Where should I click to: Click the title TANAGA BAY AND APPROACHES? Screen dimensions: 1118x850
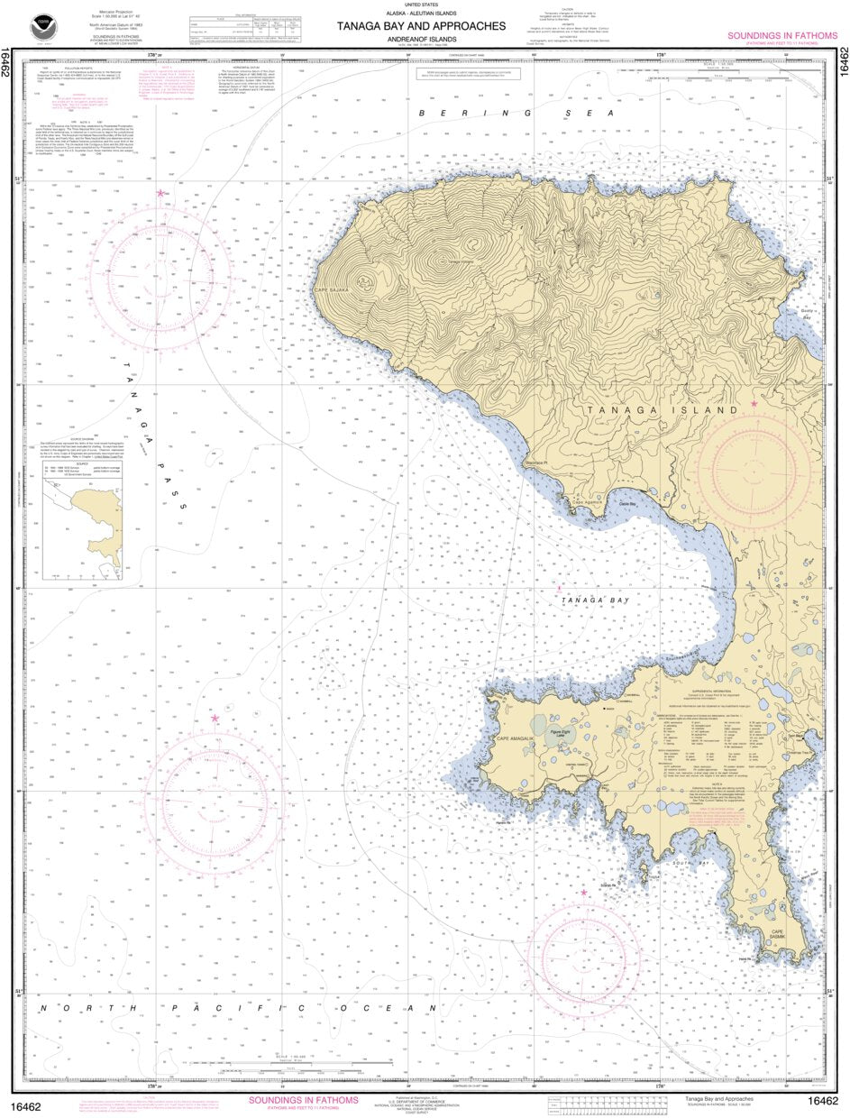421,26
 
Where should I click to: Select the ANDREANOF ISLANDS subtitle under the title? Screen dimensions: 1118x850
421,39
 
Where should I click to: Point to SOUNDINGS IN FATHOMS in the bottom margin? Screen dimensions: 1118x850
303,1100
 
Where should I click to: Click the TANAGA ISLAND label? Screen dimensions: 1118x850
663,410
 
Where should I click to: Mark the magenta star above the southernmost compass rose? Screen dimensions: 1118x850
584,893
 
